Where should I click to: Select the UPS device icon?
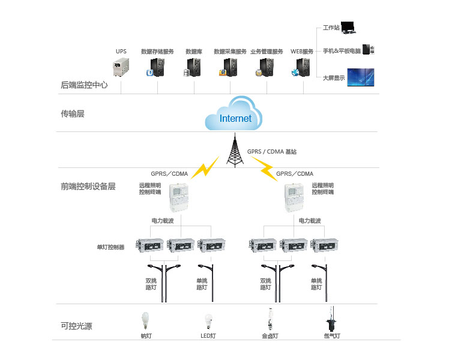tap(122, 67)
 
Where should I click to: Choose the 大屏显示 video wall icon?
tap(366, 77)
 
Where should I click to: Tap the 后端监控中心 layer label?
tap(85, 85)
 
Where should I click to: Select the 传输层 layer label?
tap(73, 113)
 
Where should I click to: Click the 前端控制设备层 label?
tap(88, 186)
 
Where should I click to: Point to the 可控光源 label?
tap(77, 326)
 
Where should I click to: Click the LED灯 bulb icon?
tap(208, 321)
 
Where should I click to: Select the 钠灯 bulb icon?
tap(145, 320)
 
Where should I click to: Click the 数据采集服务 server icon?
tap(229, 67)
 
